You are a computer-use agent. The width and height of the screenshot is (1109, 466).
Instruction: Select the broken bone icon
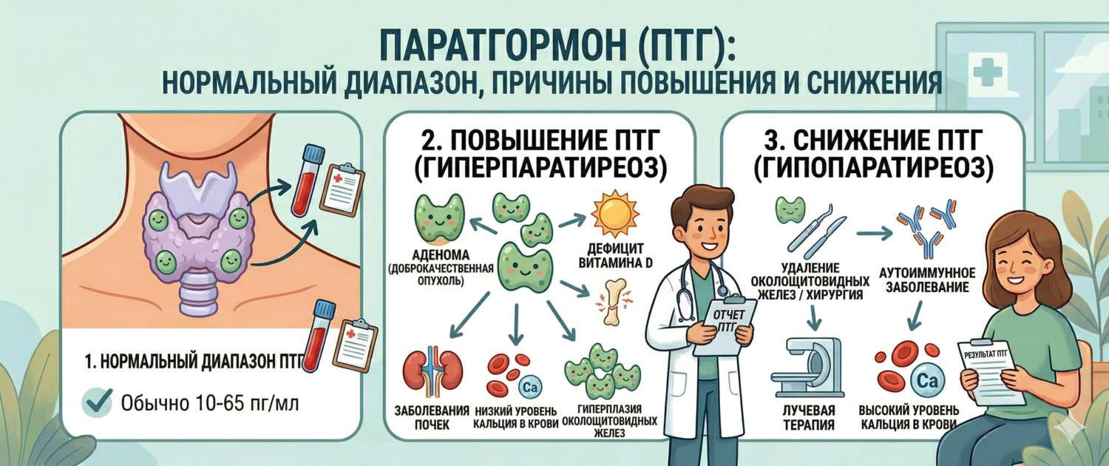click(612, 303)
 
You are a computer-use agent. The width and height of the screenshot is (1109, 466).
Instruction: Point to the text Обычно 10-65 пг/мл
click(210, 405)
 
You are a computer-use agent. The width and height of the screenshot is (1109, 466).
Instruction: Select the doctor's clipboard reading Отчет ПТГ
click(730, 325)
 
